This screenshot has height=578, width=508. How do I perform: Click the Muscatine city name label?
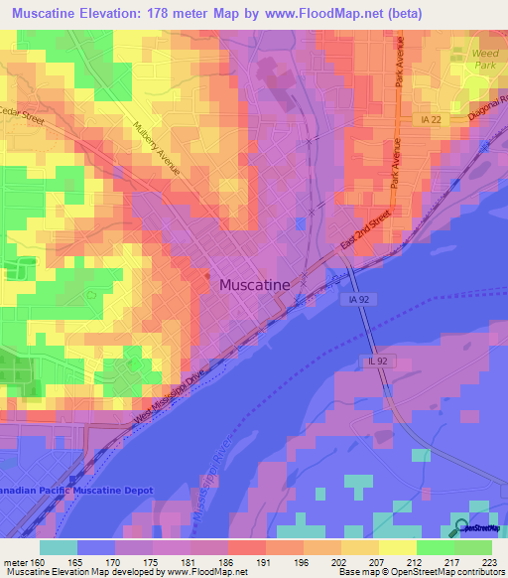tap(254, 285)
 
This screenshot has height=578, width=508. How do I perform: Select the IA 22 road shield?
tap(429, 119)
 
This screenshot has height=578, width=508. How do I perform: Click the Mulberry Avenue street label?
tap(156, 148)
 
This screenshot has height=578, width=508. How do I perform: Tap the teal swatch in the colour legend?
tap(59, 547)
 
